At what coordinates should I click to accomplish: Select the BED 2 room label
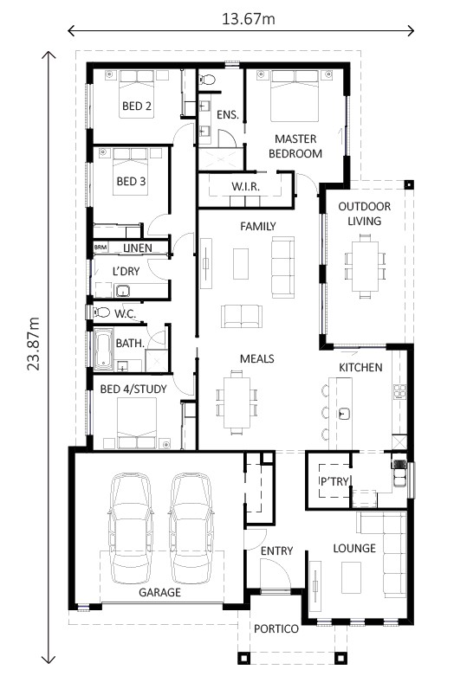137,107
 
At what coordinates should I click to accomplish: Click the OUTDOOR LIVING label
364,214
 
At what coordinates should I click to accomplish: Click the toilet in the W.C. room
101,312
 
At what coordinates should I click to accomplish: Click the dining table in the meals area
236,397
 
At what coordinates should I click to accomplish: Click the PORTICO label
277,628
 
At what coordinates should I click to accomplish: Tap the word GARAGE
160,593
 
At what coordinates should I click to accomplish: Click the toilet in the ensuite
207,80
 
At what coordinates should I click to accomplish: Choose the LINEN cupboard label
137,248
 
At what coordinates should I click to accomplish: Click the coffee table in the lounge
352,575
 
